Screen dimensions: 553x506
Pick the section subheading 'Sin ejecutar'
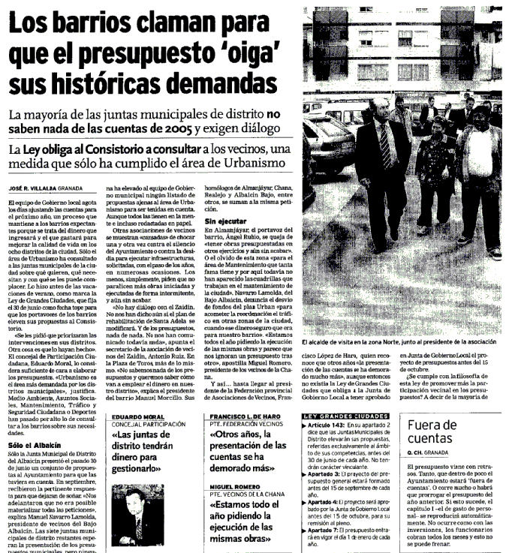[x=225, y=223]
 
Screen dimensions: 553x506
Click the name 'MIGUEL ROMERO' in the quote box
[x=231, y=481]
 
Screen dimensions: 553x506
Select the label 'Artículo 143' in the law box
[x=327, y=424]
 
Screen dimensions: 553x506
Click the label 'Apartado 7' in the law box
[x=325, y=530]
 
